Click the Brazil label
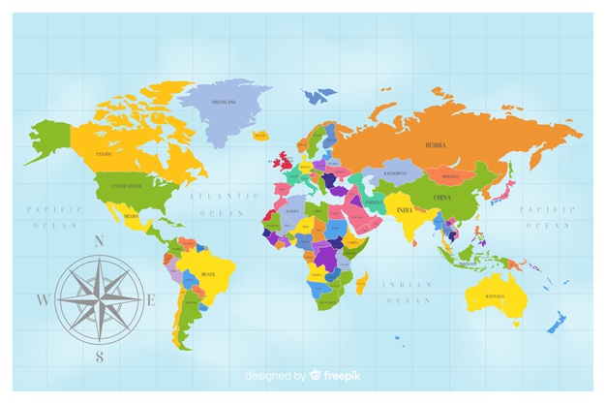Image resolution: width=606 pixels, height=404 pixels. point(207,274)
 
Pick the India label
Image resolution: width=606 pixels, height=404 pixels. point(405,208)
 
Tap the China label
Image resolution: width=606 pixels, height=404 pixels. point(441,198)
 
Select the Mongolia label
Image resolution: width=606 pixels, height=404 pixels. point(450,177)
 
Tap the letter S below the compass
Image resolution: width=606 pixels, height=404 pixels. point(99,357)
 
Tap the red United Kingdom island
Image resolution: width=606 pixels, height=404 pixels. point(284,159)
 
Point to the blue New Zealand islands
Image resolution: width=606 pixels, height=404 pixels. point(558,321)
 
